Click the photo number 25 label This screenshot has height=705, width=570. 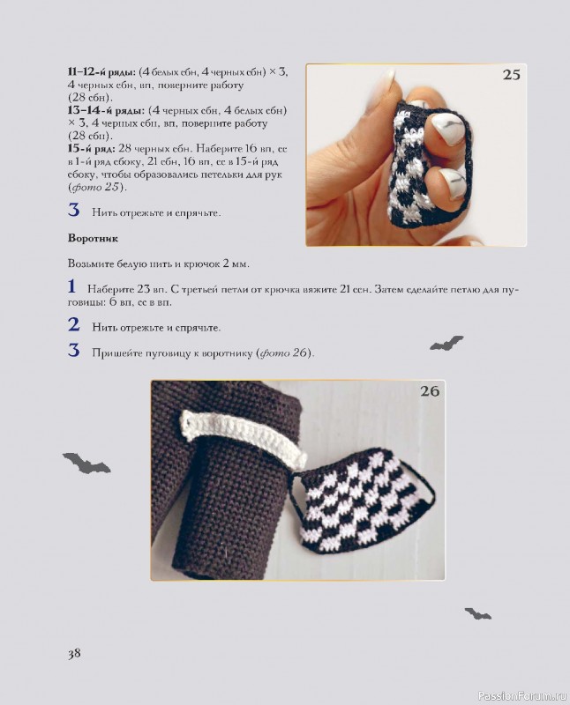(511, 75)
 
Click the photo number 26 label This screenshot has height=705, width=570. (429, 391)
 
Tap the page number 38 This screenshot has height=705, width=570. (74, 653)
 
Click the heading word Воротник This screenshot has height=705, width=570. (93, 239)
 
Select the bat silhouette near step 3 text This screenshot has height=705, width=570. (446, 343)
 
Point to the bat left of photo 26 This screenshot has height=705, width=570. (86, 462)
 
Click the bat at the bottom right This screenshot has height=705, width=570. (478, 613)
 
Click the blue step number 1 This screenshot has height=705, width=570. (72, 286)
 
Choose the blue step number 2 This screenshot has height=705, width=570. (74, 324)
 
